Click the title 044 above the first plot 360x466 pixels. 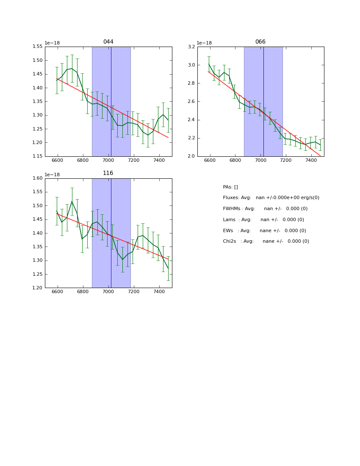[x=108, y=42]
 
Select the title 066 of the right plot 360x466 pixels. [x=260, y=42]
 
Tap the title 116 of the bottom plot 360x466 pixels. [x=108, y=173]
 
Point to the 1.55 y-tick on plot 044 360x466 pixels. [x=38, y=47]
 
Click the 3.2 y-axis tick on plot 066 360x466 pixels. [x=191, y=47]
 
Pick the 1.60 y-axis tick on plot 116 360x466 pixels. [x=38, y=178]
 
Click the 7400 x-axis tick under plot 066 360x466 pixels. [x=311, y=161]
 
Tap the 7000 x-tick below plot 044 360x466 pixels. [x=108, y=161]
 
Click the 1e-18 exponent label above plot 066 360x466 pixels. [x=204, y=43]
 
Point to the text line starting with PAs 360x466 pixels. [x=230, y=187]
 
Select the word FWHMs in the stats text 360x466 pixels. [x=232, y=209]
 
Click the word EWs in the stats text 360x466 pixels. [x=228, y=231]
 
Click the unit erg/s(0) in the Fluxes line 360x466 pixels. [x=308, y=198]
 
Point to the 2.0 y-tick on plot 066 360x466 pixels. [x=191, y=156]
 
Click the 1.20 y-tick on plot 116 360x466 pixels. [x=38, y=288]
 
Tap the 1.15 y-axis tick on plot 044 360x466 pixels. [x=38, y=156]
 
